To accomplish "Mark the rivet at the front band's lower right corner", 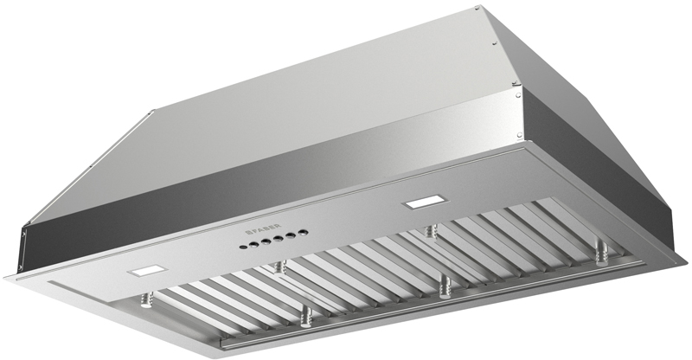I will point(521,139).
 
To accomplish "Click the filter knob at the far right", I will point(601,254).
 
